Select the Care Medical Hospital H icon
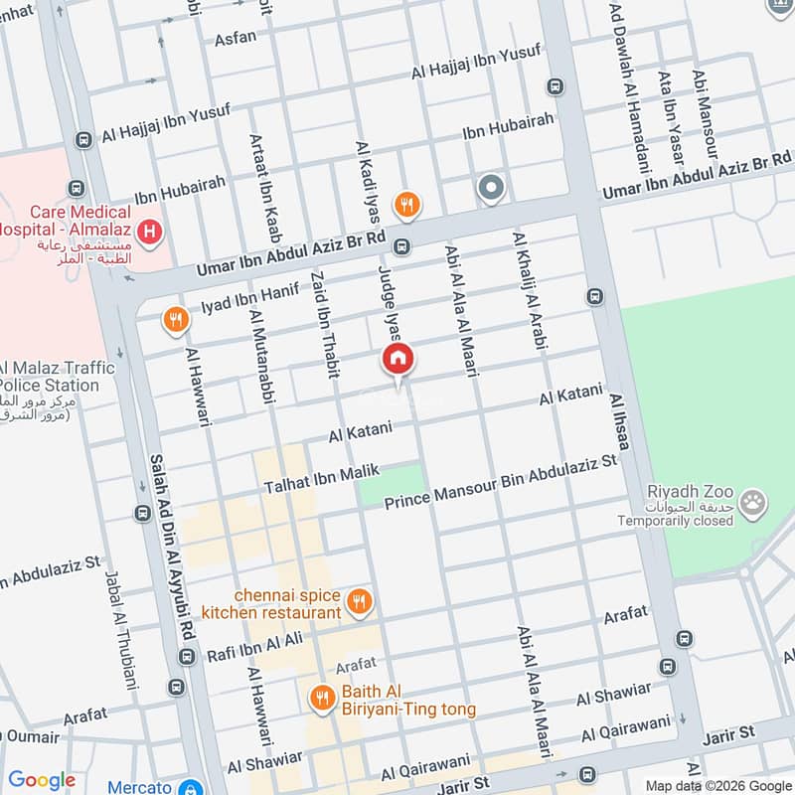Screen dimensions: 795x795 pos(149,235)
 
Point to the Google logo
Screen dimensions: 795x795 pos(42,780)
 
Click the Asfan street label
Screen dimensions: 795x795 pos(236,38)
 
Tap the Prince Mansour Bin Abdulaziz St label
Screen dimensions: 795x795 pos(501,481)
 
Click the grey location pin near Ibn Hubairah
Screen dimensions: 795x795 pos(490,187)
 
